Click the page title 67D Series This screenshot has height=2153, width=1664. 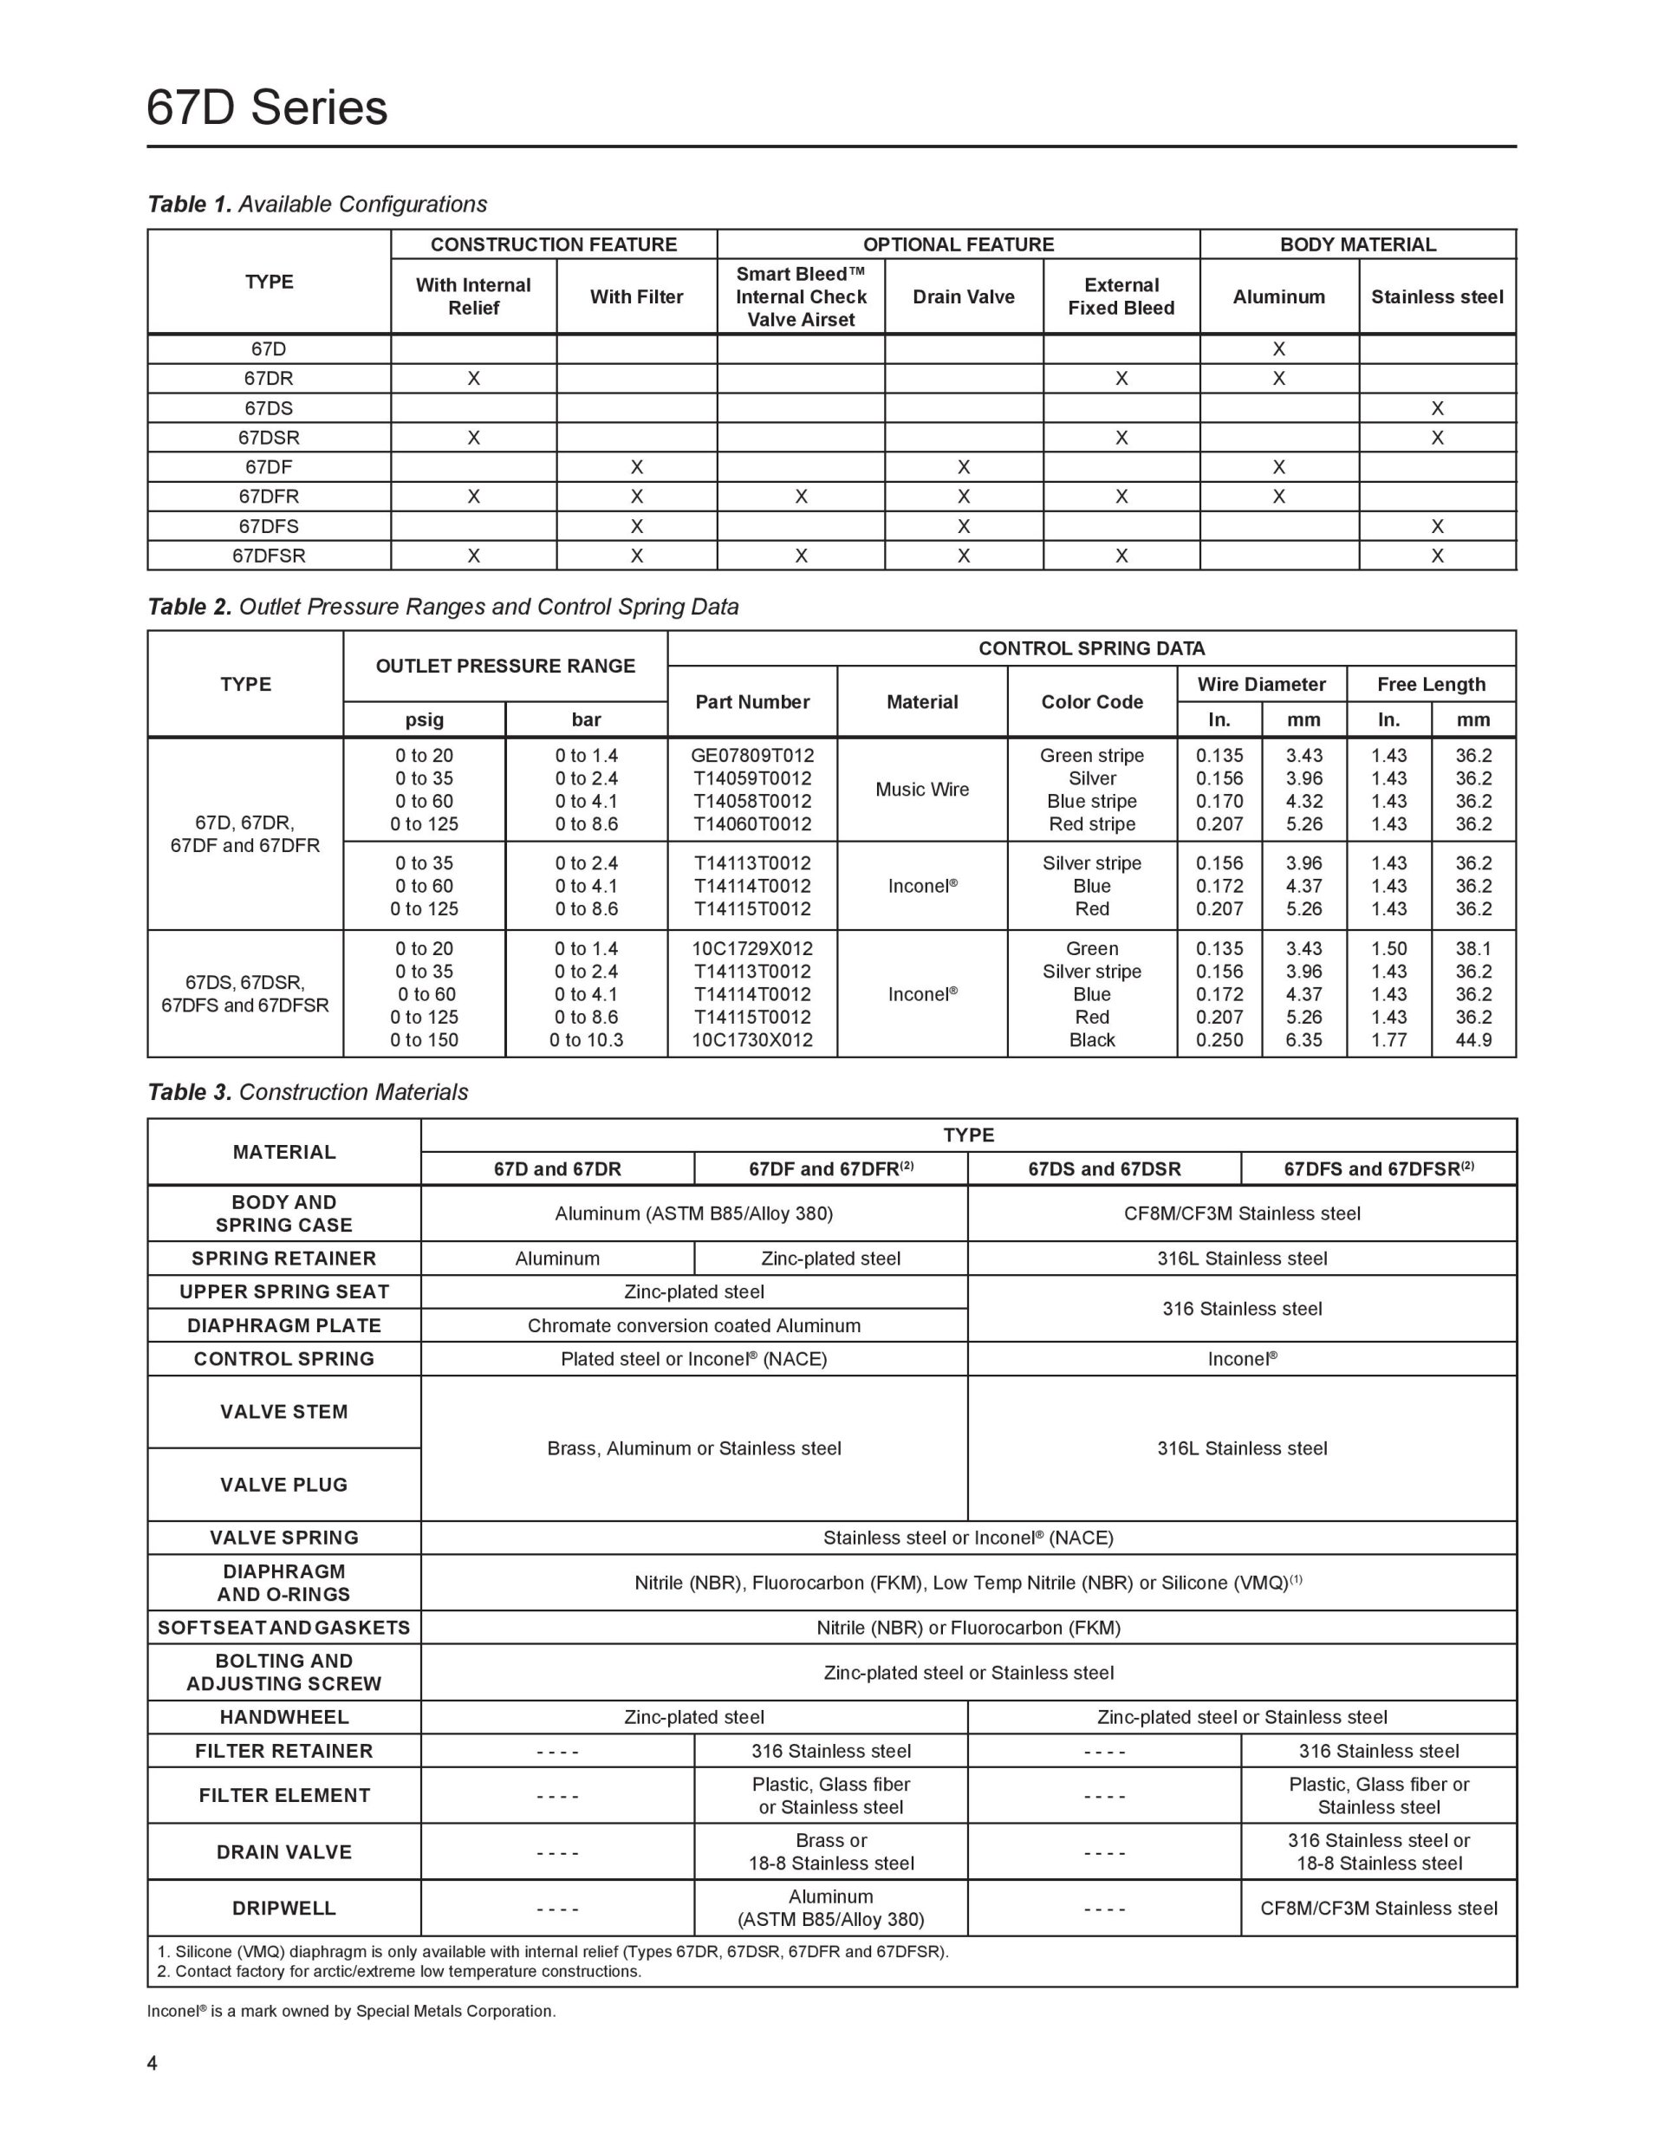(266, 107)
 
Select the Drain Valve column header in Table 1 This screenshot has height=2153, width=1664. (963, 296)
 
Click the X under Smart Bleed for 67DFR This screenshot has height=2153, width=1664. (801, 497)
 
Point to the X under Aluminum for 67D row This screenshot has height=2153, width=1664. (1278, 349)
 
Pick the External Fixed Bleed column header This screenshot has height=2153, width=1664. (1121, 296)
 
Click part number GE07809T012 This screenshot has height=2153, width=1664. (752, 756)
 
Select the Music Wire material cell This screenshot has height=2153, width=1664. (922, 790)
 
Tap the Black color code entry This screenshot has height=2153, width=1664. (1091, 1040)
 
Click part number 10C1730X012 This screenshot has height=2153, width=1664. (752, 1040)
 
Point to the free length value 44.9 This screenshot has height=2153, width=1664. (1472, 1040)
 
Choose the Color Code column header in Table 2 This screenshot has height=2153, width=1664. (1091, 702)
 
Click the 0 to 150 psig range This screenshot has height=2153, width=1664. (424, 1040)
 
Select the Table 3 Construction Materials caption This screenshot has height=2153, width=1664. (308, 1092)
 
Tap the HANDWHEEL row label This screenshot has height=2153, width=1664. (284, 1717)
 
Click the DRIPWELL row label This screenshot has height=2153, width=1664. (284, 1909)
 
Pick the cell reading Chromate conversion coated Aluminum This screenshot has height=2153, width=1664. (694, 1326)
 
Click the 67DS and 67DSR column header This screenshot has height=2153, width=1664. (1104, 1169)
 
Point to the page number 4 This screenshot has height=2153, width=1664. (152, 2063)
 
